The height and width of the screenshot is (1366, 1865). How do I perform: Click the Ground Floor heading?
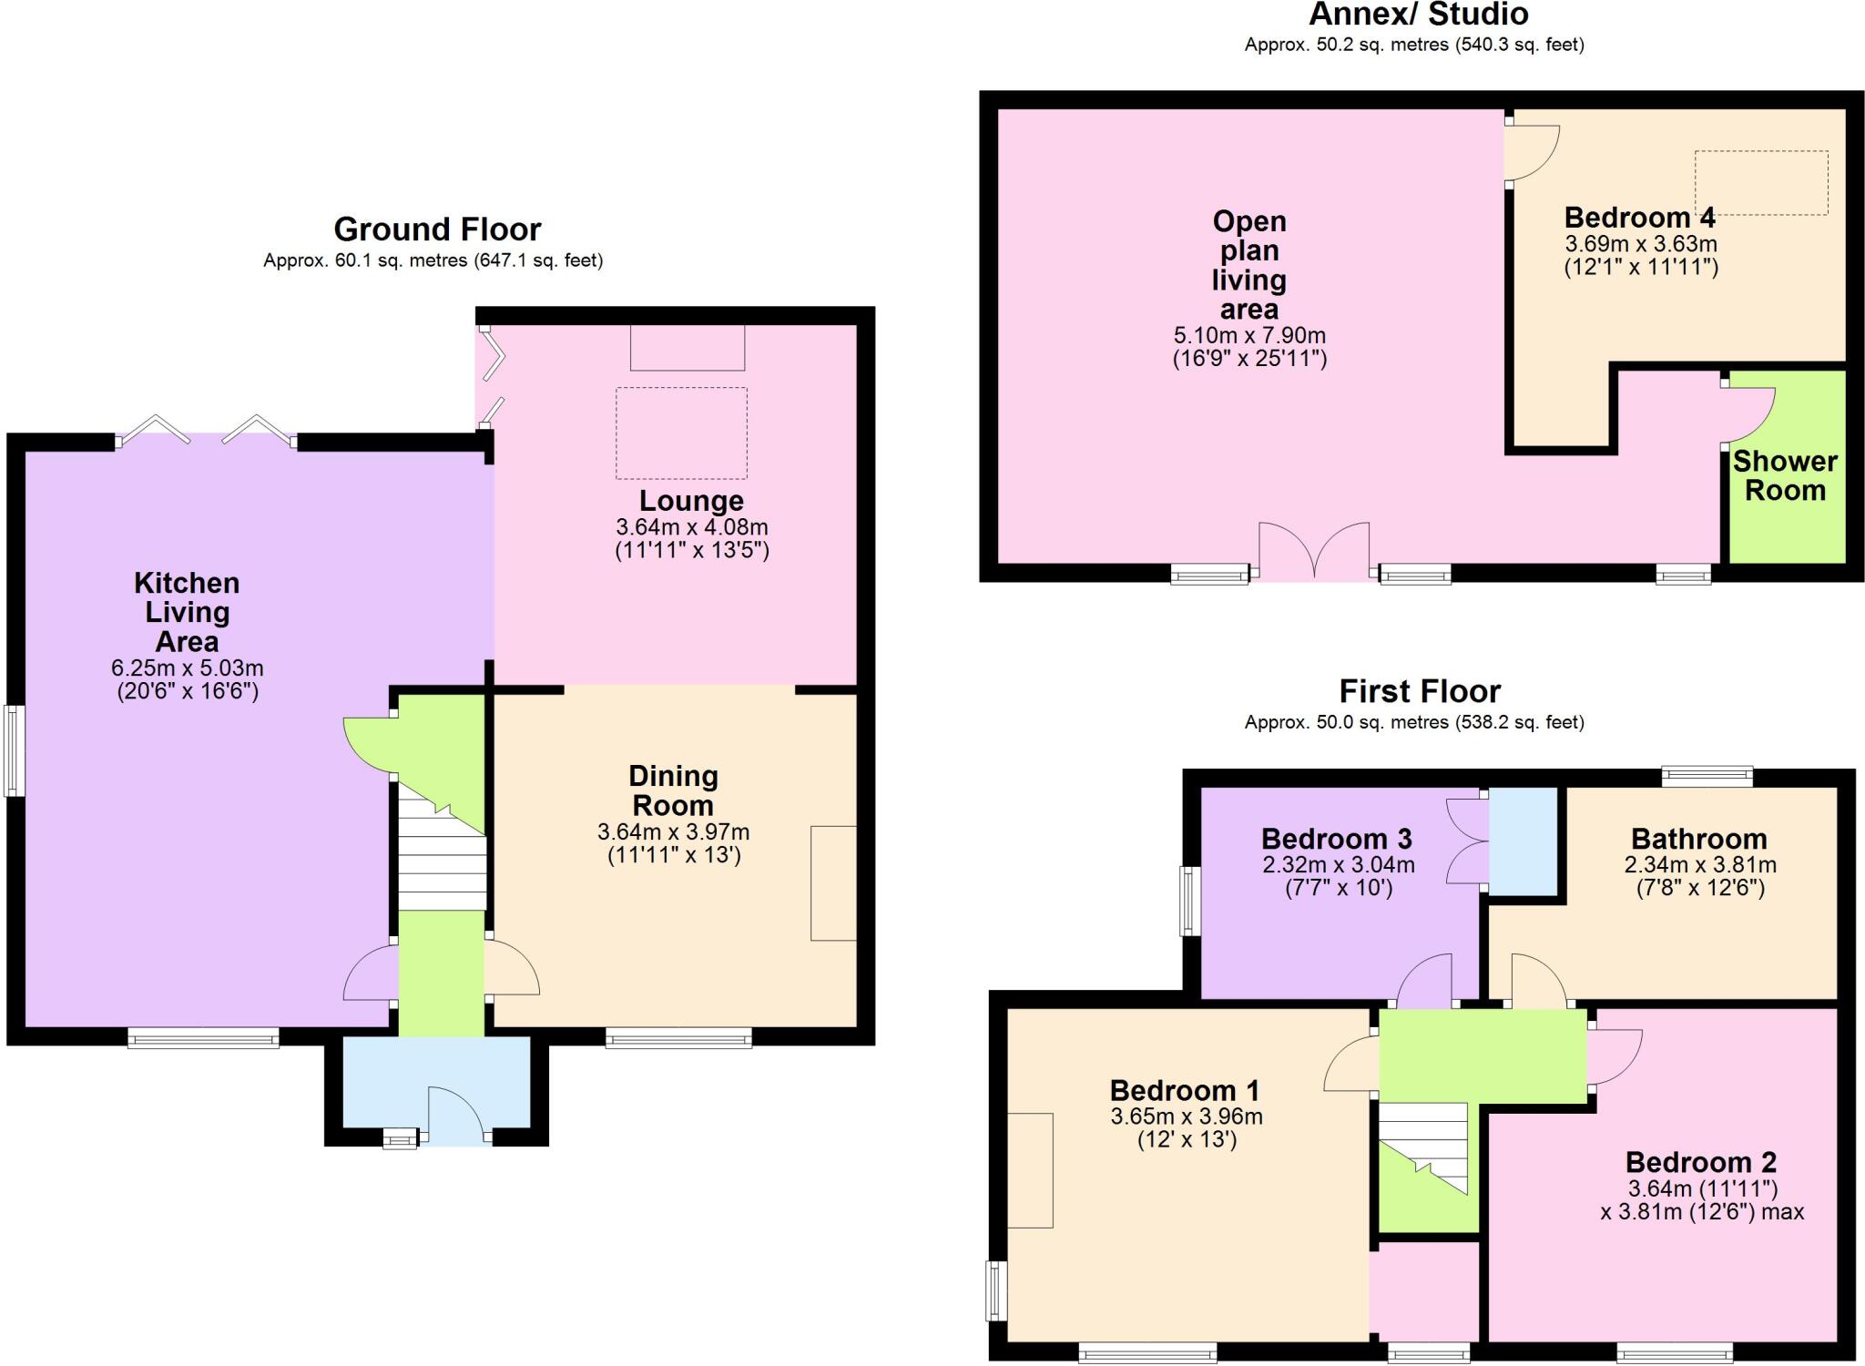(x=437, y=229)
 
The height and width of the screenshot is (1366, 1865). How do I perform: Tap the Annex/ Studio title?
(x=1419, y=15)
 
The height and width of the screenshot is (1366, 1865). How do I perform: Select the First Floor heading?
(x=1419, y=691)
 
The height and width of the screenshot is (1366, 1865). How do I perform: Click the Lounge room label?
(x=691, y=501)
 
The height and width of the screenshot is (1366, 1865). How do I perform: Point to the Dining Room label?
(x=673, y=790)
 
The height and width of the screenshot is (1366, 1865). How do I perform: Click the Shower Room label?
(x=1784, y=475)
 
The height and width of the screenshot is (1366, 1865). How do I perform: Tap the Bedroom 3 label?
(x=1336, y=839)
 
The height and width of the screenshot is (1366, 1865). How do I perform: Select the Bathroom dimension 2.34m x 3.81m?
(x=1700, y=864)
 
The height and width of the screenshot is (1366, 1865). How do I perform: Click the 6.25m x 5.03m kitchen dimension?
(x=188, y=668)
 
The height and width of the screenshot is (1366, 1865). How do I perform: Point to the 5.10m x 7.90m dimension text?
(x=1249, y=335)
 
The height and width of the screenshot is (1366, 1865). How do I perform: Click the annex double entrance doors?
(x=1314, y=550)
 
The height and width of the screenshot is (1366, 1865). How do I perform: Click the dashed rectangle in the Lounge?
(x=681, y=433)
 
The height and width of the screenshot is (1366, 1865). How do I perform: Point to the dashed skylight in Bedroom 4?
(x=1760, y=183)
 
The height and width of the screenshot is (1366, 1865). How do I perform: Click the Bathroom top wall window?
(x=1707, y=777)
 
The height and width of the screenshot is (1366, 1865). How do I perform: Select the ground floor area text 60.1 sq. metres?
(x=433, y=261)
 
